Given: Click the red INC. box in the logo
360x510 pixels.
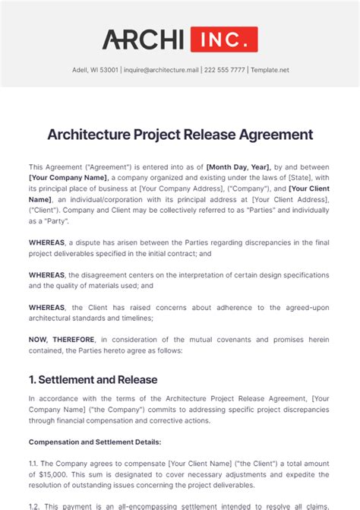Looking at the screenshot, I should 224,39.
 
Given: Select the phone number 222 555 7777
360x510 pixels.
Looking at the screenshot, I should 226,70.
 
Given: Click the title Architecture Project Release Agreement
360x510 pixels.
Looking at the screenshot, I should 180,135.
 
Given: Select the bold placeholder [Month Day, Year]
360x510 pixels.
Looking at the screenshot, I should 238,166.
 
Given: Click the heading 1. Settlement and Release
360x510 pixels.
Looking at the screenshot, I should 93,379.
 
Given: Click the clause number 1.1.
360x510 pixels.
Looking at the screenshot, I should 35,463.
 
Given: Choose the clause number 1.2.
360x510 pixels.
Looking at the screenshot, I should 36,505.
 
